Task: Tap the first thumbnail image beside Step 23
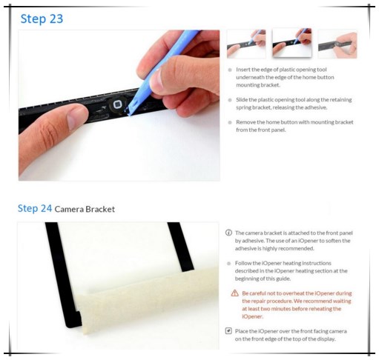tap(245, 44)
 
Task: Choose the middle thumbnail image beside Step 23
tap(291, 44)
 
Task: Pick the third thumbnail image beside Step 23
tap(337, 44)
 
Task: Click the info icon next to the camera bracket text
tap(229, 233)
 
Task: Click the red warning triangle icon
tap(235, 293)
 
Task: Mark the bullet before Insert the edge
tap(230, 69)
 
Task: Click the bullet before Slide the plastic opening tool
tap(230, 99)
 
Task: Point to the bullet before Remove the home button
tap(230, 121)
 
